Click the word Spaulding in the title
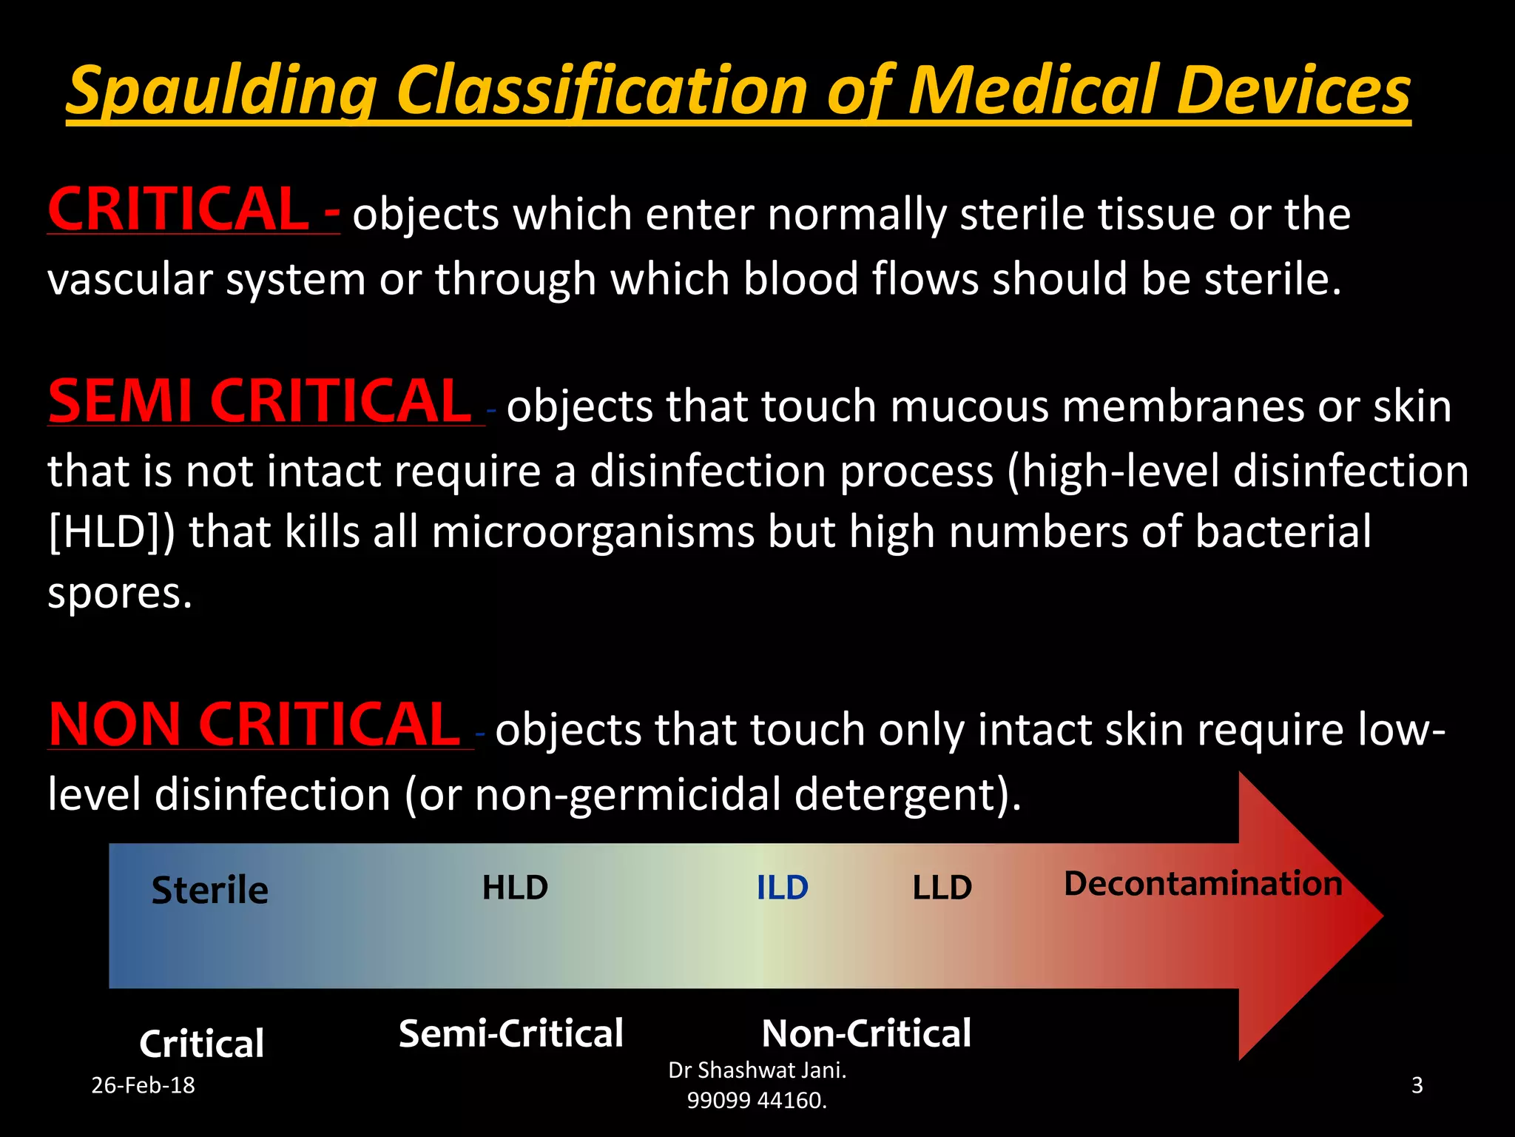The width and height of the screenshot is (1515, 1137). (x=222, y=92)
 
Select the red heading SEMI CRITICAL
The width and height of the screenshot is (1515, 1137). (x=260, y=401)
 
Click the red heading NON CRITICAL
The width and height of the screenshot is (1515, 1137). (x=254, y=725)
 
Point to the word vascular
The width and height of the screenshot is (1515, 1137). (x=129, y=280)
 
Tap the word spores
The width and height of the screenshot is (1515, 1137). (x=119, y=594)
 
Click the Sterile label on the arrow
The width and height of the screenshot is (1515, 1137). (x=209, y=890)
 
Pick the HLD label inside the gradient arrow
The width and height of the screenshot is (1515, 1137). (x=515, y=888)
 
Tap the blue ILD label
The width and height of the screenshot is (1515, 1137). (x=782, y=888)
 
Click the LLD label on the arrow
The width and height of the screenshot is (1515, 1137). (x=942, y=888)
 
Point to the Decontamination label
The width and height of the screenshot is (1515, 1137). (x=1203, y=884)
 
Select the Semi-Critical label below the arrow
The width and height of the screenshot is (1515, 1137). (x=511, y=1033)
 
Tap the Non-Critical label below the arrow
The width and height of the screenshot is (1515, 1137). (x=866, y=1033)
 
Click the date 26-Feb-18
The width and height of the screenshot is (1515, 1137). (x=143, y=1085)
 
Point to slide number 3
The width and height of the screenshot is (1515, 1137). (x=1417, y=1085)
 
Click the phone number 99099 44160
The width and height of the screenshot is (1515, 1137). (x=757, y=1101)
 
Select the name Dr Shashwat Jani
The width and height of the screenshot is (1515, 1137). (x=757, y=1070)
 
